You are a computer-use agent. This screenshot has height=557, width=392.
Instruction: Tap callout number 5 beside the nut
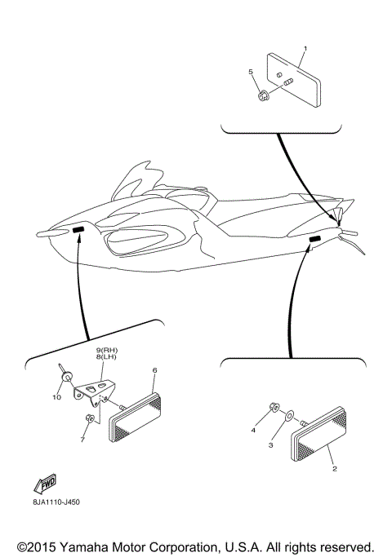point(251,72)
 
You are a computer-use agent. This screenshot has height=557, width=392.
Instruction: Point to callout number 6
point(154,371)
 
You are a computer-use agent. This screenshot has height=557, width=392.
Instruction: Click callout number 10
point(56,397)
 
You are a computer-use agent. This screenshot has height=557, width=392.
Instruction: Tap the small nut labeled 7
point(91,419)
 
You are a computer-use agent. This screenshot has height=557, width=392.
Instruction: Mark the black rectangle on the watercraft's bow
point(79,232)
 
